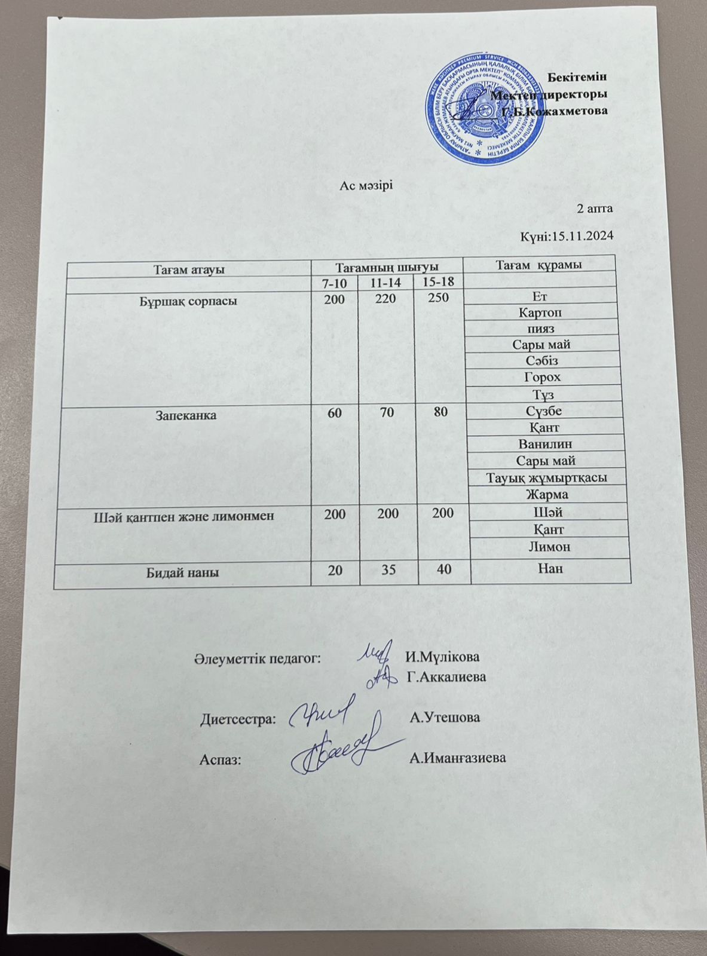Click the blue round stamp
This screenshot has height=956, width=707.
tap(486, 111)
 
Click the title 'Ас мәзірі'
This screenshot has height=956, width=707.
tap(365, 185)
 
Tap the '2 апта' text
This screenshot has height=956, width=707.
tap(595, 209)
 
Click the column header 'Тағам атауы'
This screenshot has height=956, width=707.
tap(189, 269)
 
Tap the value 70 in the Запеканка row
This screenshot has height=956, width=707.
tap(387, 412)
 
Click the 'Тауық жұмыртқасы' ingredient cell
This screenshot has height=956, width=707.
tap(547, 478)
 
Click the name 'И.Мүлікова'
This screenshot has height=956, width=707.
tap(442, 657)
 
